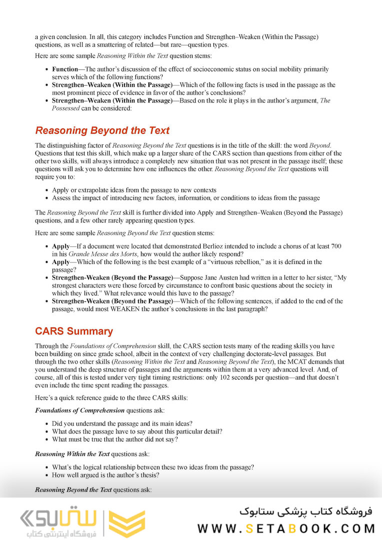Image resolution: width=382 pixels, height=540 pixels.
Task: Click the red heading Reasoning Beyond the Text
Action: pyautogui.click(x=102, y=131)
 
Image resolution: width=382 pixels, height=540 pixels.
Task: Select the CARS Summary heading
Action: pyautogui.click(x=74, y=331)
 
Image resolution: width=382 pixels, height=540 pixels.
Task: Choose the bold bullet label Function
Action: pyautogui.click(x=65, y=69)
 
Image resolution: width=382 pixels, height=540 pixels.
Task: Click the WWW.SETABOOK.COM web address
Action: pyautogui.click(x=286, y=528)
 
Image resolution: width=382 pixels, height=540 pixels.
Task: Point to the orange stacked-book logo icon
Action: pyautogui.click(x=127, y=523)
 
